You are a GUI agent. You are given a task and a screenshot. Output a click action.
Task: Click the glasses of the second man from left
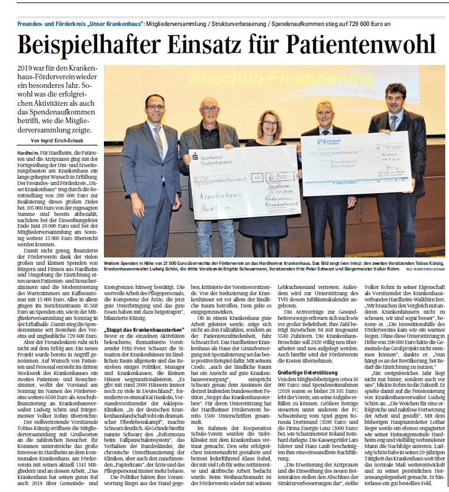pos(210,109)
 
